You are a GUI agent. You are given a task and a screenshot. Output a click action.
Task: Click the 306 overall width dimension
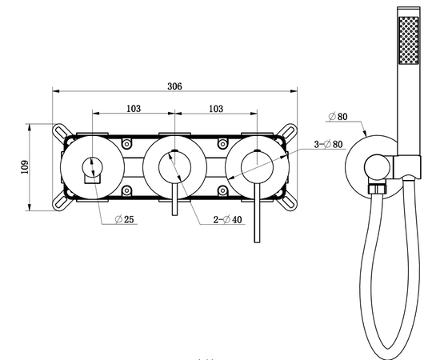click(174, 86)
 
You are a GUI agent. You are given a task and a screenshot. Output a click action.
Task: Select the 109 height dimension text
click(25, 167)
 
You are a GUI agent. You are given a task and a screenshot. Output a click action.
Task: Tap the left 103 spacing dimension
click(134, 109)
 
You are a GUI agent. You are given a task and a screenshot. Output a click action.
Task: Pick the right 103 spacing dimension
click(216, 109)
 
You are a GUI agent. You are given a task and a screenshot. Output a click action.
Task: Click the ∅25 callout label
click(125, 219)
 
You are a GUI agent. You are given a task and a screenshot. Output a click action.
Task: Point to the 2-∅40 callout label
click(227, 219)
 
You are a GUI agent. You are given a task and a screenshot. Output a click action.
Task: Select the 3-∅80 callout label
click(328, 144)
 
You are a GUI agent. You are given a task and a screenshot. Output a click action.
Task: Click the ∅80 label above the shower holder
click(338, 116)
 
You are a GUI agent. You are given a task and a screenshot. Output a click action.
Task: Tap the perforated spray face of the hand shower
click(409, 40)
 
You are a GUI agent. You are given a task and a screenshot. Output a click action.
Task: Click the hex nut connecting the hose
click(377, 189)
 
